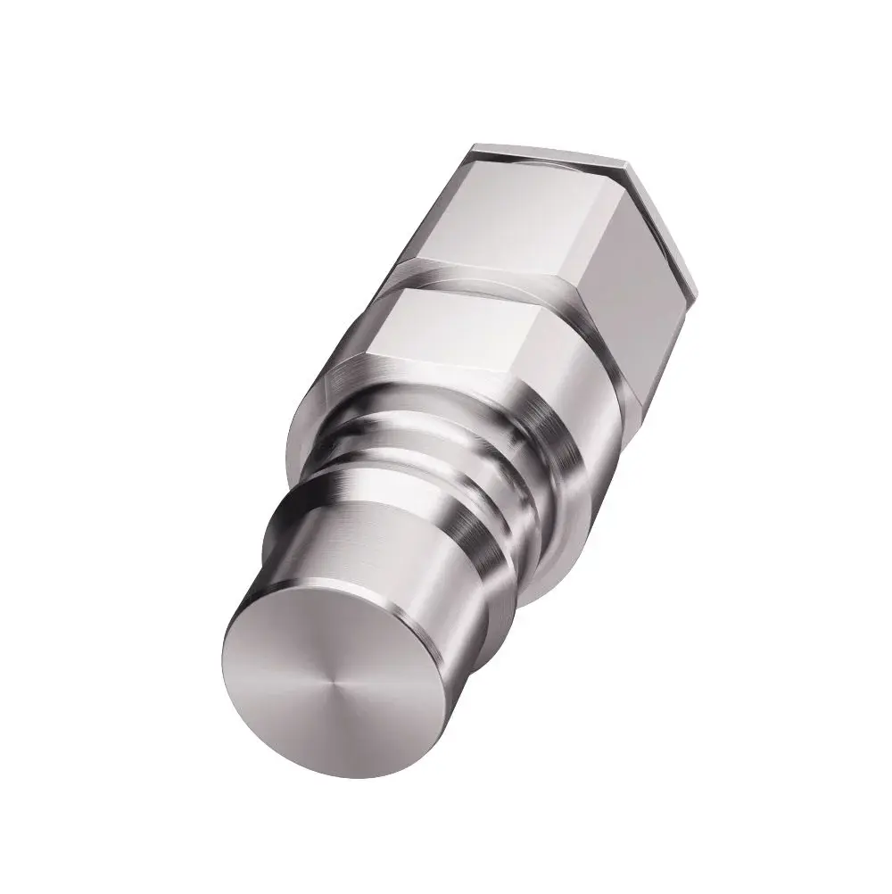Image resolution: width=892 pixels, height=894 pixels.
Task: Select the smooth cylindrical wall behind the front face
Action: tap(392, 571)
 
